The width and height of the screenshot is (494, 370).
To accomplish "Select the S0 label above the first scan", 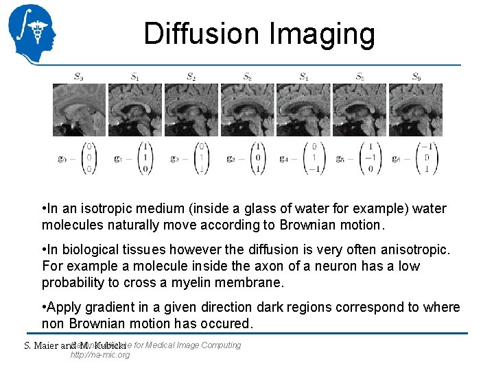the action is coord(79,76).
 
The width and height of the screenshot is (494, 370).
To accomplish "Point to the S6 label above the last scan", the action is coord(416,76).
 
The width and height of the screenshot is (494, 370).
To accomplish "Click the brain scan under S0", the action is coord(79,110).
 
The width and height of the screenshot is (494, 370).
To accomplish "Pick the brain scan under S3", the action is coord(248,110).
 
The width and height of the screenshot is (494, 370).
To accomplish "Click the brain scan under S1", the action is coord(135,110).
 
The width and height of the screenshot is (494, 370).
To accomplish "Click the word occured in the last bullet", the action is coord(228,323).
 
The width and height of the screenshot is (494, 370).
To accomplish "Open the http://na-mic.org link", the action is coord(100,355).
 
